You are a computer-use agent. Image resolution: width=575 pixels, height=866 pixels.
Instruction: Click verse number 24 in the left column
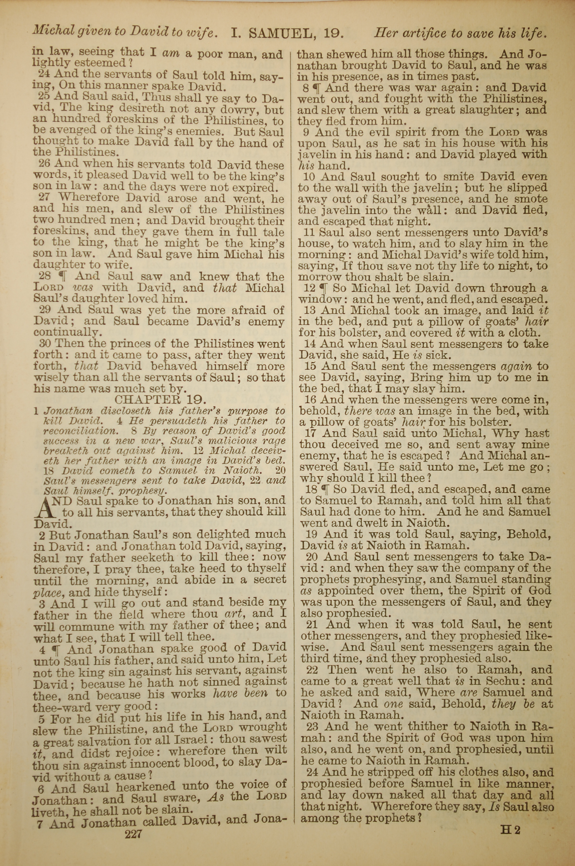pyautogui.click(x=44, y=74)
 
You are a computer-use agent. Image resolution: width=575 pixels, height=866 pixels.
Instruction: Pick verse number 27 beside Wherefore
pyautogui.click(x=44, y=197)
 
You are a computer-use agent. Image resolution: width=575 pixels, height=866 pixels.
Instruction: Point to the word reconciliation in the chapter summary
pyautogui.click(x=79, y=431)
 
